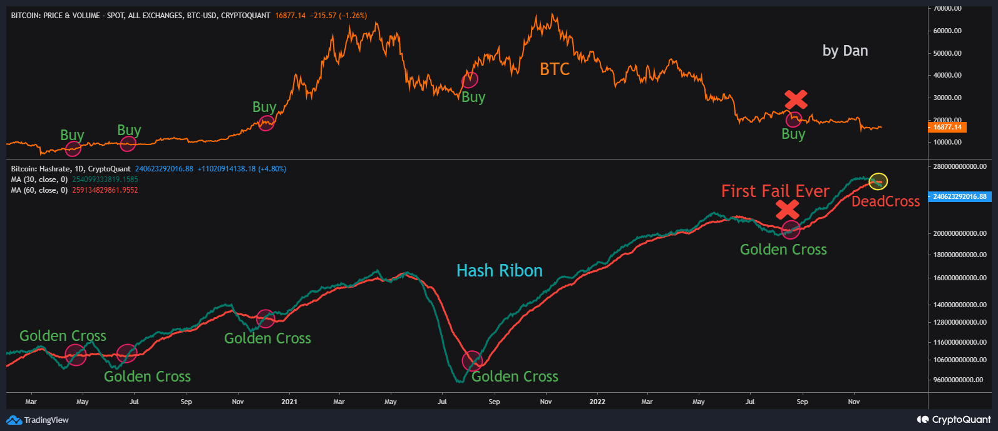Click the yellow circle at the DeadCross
pos(878,181)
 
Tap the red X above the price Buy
pos(796,99)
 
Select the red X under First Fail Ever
pos(787,210)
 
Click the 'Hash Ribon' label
pos(499,271)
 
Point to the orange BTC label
pos(555,69)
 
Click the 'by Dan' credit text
pos(845,51)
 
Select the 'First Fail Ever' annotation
pos(775,191)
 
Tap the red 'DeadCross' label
pos(885,201)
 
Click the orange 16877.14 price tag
pos(947,127)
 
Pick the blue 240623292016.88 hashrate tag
pos(959,196)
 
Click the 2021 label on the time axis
pos(289,402)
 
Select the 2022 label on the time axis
pos(597,402)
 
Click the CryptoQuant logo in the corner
pos(954,420)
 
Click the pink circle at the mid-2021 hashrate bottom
pos(471,360)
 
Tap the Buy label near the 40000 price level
pos(473,97)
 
